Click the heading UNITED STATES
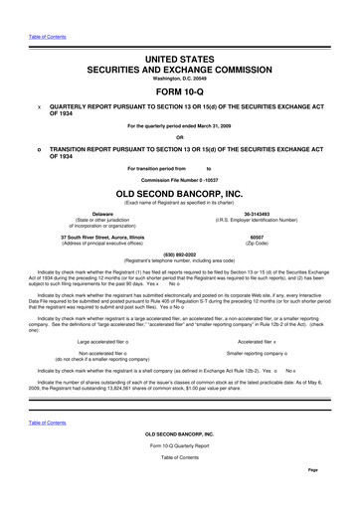(180, 61)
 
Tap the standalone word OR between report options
(180, 137)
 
